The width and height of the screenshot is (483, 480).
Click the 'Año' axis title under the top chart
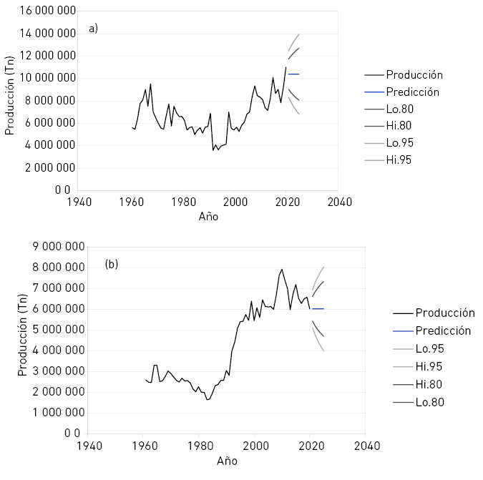coord(208,217)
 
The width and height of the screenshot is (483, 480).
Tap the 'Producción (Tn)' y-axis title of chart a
coord(11,101)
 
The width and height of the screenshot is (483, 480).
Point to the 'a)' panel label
coord(93,29)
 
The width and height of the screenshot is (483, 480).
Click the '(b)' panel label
coord(112,264)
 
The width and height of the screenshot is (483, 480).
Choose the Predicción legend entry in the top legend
coord(412,92)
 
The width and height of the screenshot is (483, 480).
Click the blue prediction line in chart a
coord(293,74)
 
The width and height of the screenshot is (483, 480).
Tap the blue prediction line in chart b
coord(318,308)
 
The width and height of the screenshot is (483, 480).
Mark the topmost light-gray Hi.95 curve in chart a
coord(294,40)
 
